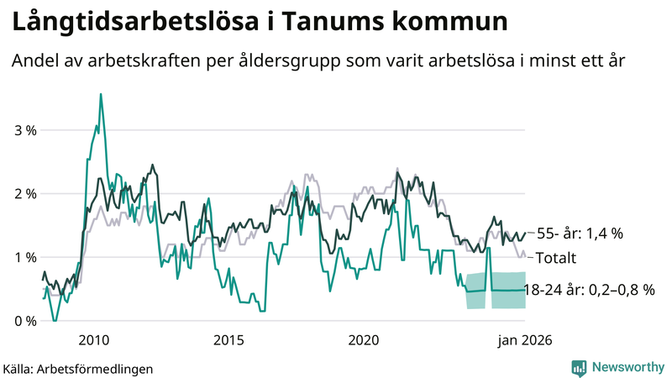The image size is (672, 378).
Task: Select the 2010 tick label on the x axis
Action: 92,340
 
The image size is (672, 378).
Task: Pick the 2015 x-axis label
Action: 228,340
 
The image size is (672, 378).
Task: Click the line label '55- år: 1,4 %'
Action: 580,234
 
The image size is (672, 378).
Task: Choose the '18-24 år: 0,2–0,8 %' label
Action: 588,290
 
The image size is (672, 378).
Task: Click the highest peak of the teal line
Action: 101,94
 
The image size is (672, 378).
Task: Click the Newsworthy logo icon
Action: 579,367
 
